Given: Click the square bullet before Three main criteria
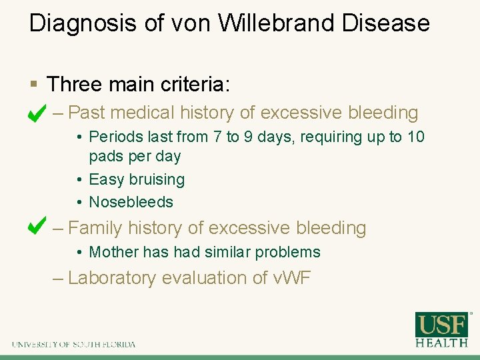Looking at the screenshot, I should click(34, 85).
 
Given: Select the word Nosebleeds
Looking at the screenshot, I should click(131, 202).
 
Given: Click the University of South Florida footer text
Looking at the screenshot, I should click(73, 345).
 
